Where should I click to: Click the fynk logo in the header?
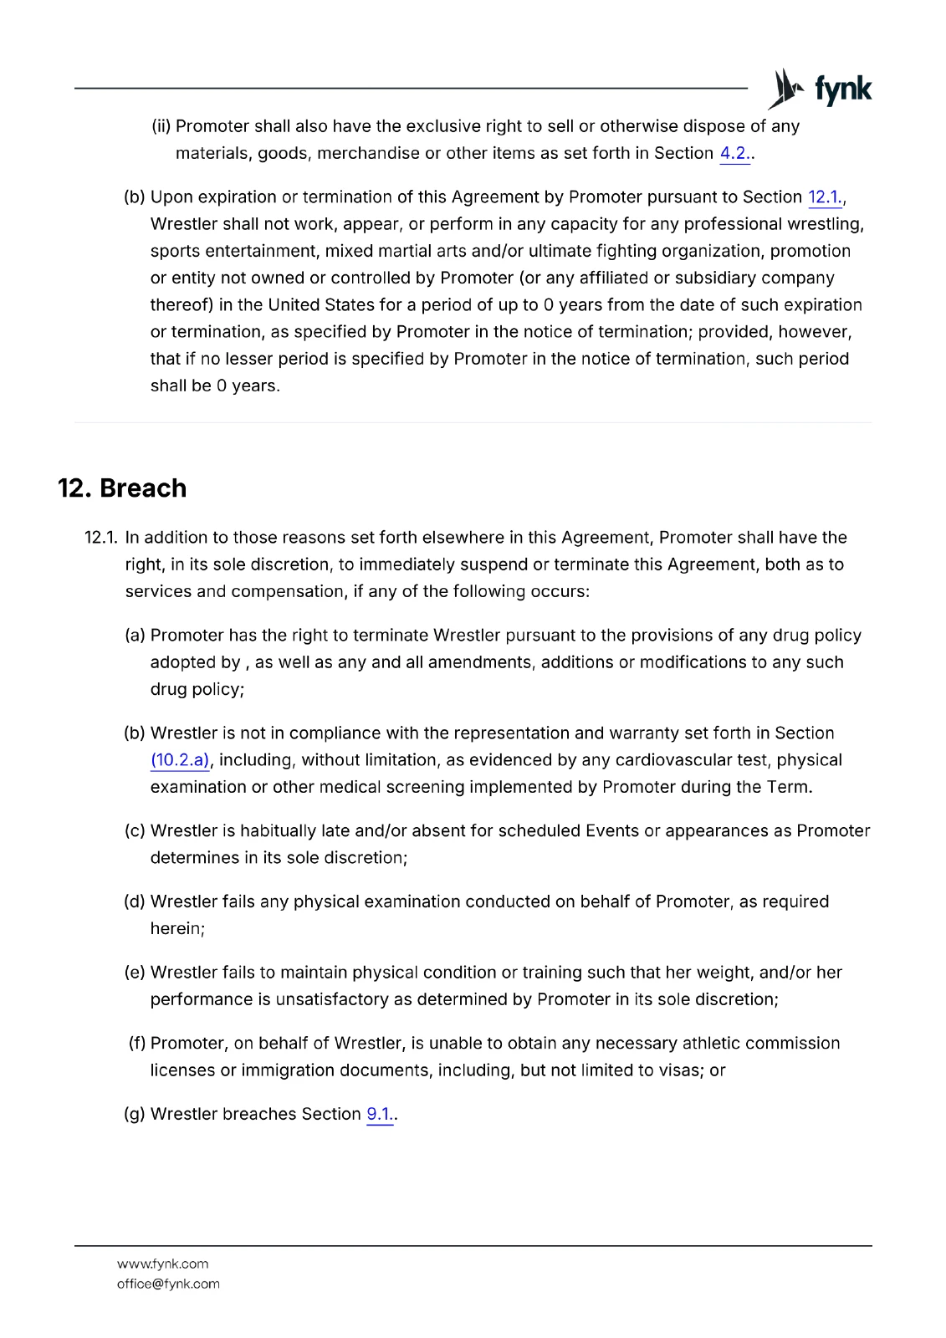[x=821, y=89]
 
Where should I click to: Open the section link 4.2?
[x=734, y=153]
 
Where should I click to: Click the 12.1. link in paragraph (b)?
[x=825, y=197]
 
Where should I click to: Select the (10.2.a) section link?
[x=180, y=760]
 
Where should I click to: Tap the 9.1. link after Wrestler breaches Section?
[x=379, y=1114]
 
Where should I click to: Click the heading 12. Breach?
[x=122, y=488]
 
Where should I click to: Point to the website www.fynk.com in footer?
[x=163, y=1264]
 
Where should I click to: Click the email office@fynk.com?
[x=168, y=1284]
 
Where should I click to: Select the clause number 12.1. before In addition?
[x=100, y=537]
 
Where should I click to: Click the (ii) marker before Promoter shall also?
[x=161, y=126]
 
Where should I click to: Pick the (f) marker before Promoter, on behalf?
[x=136, y=1043]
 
